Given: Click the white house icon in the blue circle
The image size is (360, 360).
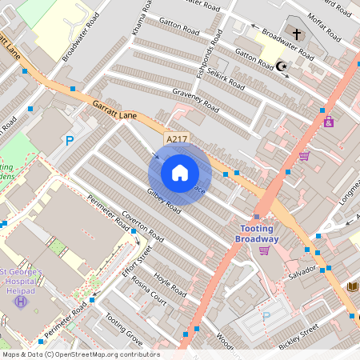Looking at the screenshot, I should tap(180, 173).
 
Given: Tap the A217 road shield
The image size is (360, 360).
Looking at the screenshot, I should tap(177, 139).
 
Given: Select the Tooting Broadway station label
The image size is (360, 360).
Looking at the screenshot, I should tap(259, 234).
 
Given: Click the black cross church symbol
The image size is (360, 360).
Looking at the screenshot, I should tap(297, 35).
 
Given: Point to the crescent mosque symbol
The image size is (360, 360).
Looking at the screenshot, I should tap(280, 66).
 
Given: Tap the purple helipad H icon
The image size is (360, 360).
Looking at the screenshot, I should tap(21, 301).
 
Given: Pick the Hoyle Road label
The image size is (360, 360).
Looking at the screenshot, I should tap(170, 283).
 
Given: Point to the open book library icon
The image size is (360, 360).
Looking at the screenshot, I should tap(352, 286).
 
